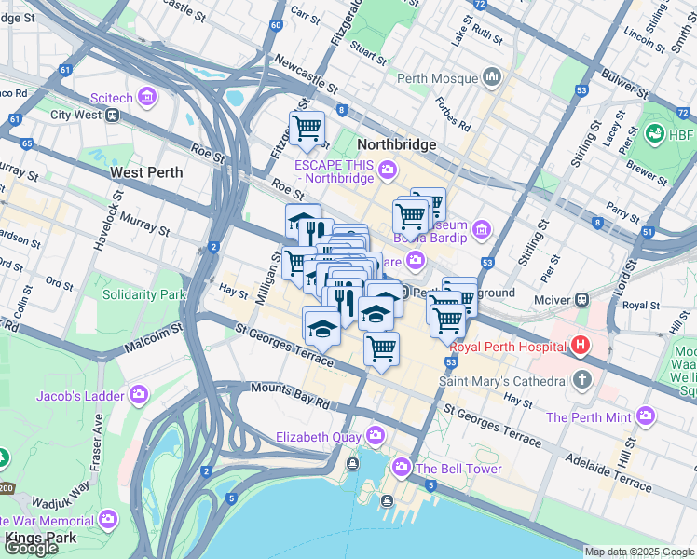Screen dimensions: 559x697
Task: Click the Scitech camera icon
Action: coord(146,96)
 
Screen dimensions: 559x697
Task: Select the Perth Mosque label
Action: coord(436,77)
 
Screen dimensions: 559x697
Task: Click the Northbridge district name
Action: coord(397,144)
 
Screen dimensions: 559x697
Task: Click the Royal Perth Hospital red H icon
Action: coord(581,347)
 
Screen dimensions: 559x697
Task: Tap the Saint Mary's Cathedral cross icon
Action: coord(582,380)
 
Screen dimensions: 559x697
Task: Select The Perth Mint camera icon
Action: coord(646,416)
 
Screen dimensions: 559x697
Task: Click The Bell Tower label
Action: coord(458,469)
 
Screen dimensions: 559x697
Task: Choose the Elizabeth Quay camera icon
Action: coord(376,435)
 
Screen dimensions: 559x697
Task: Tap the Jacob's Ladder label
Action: coord(80,396)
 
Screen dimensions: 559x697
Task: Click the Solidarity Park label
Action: coord(144,294)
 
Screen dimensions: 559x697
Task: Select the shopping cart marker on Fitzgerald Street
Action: coord(306,128)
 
